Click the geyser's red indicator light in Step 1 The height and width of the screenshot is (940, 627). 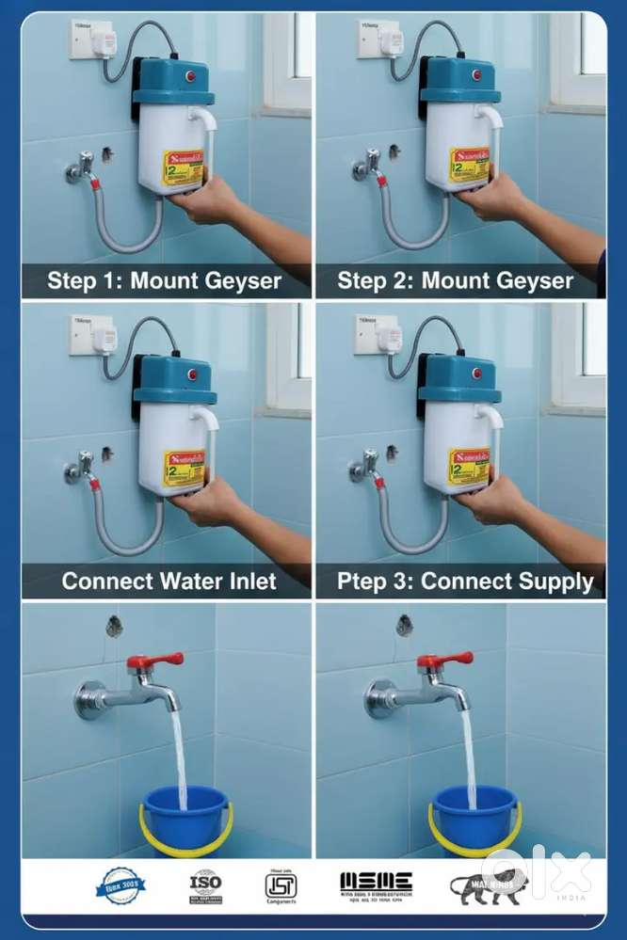pos(189,75)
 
